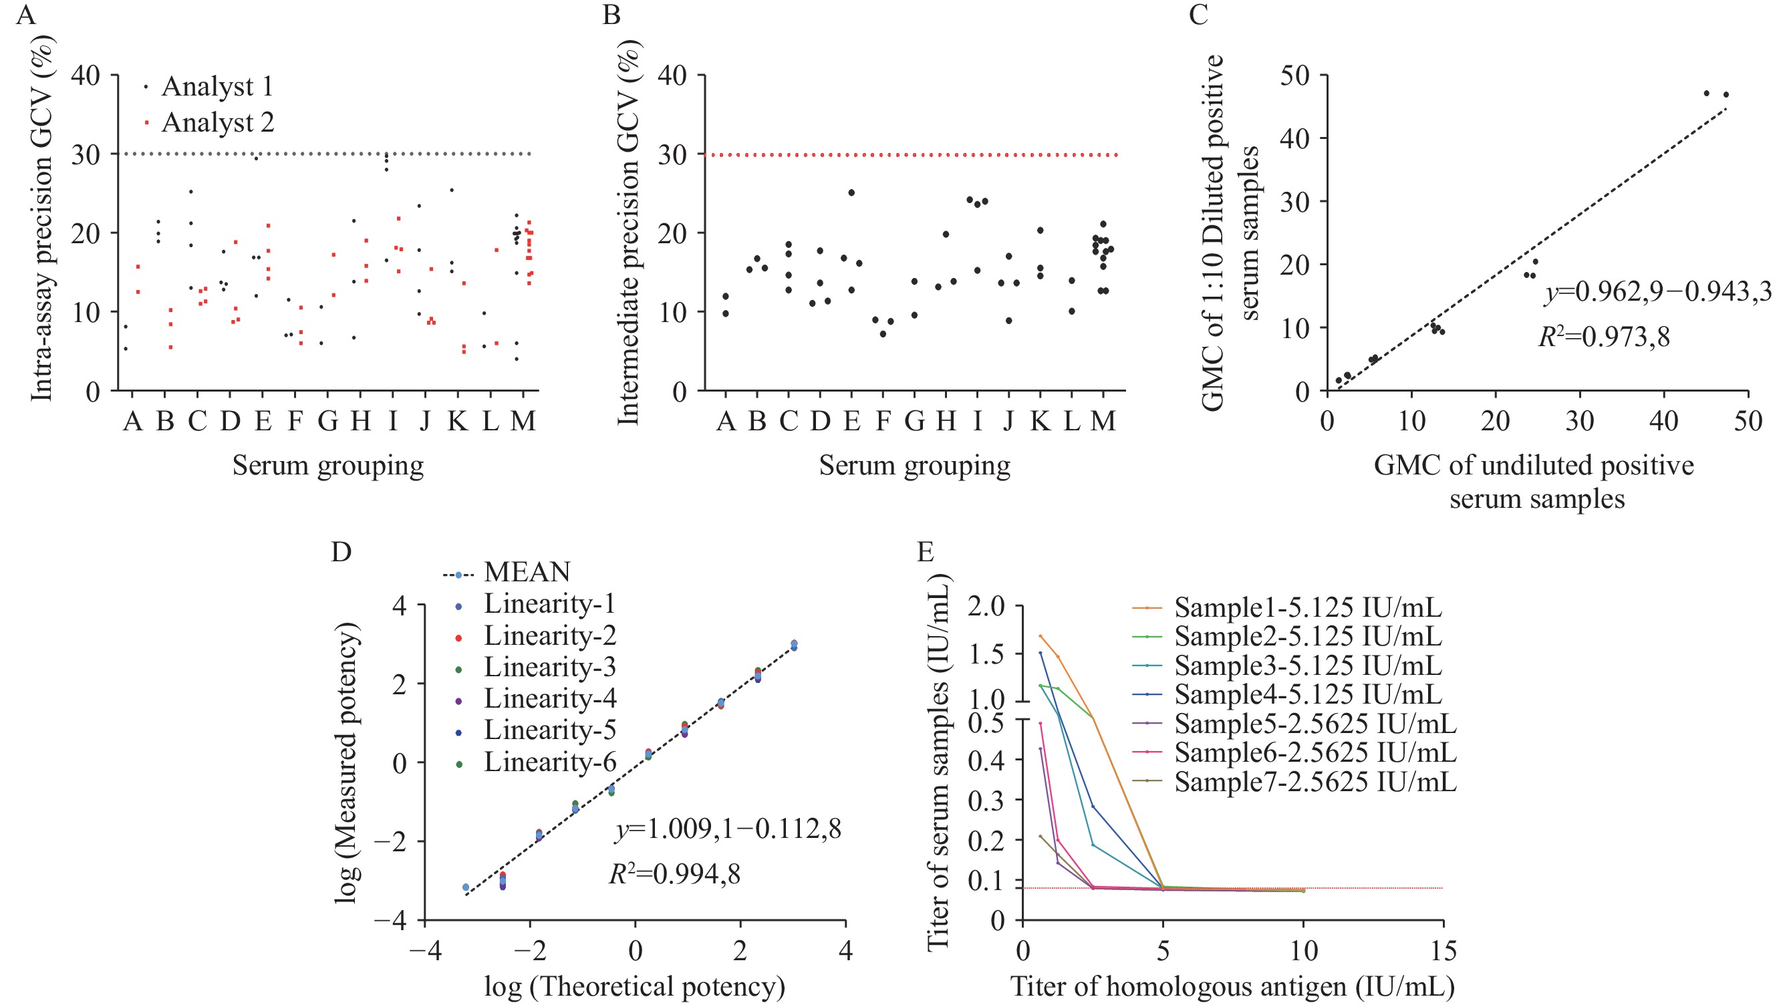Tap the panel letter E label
[925, 551]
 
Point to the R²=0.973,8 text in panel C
[1605, 337]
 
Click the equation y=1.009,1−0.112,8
[728, 829]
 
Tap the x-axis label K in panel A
[458, 421]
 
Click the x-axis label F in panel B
[883, 421]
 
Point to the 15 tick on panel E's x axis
[1443, 950]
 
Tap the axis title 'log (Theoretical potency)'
[635, 987]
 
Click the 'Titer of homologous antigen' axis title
[1232, 987]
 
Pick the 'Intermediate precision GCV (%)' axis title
[628, 233]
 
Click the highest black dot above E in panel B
[851, 192]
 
